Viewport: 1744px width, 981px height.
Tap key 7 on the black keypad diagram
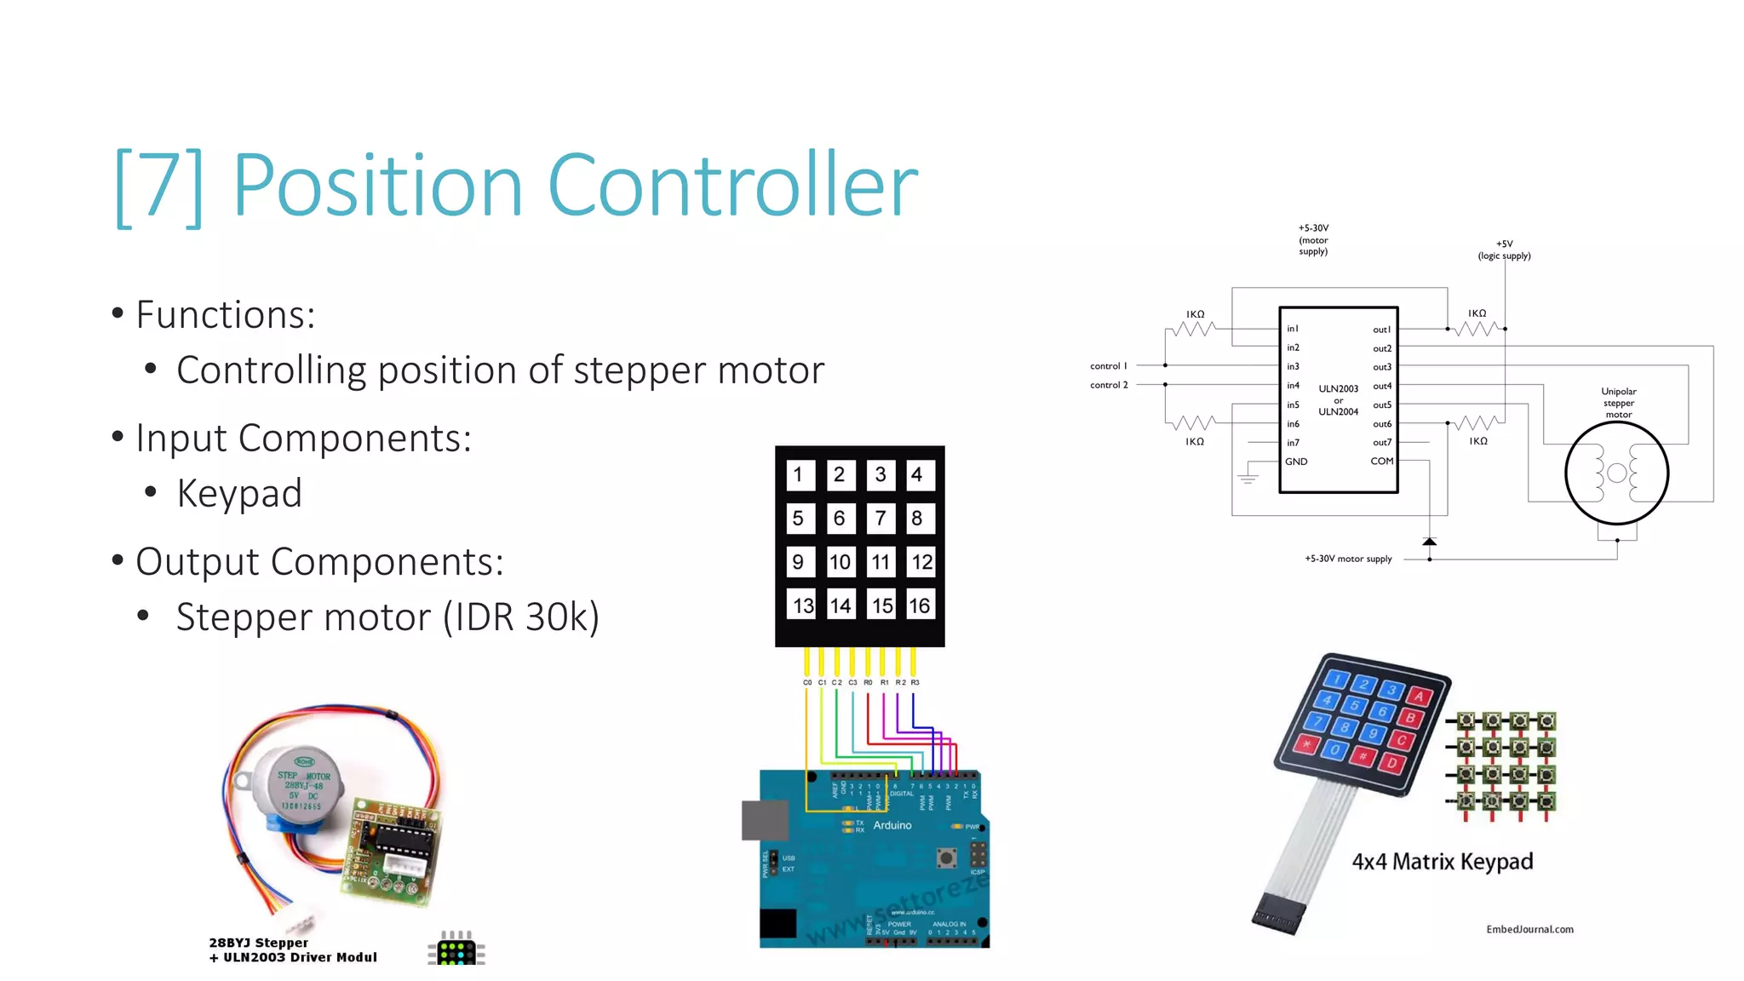[881, 518]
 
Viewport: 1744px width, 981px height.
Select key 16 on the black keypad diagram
[919, 605]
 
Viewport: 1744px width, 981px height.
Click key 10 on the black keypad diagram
[840, 562]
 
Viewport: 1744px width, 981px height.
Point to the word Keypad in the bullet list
[239, 494]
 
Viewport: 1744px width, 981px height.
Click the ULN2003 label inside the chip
[1338, 389]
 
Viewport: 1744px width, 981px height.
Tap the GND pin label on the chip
[1296, 462]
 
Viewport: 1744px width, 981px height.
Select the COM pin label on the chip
[1381, 462]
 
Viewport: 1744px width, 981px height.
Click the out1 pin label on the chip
[1381, 330]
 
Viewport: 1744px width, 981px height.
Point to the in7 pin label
[1293, 443]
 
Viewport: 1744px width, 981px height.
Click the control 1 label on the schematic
[1108, 366]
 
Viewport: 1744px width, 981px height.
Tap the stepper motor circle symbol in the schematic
[1616, 473]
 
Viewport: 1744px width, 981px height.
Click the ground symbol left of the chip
[1248, 477]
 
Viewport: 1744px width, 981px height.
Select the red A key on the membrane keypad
[1419, 697]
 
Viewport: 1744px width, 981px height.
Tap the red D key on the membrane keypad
[1393, 762]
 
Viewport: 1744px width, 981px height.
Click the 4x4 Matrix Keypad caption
[1443, 862]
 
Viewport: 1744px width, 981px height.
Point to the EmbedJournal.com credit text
[1529, 929]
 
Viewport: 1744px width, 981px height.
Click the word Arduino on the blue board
[892, 825]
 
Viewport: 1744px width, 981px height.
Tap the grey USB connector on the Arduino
[765, 820]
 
